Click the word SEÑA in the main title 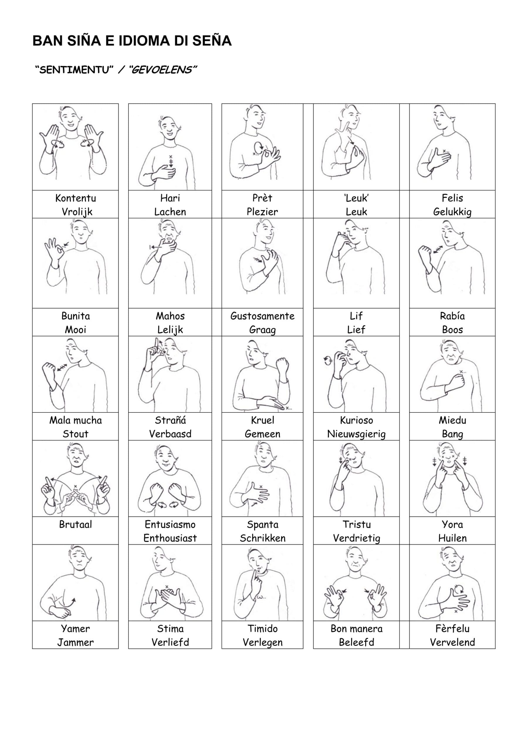[x=212, y=40]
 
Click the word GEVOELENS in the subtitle [x=162, y=70]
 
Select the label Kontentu [x=76, y=198]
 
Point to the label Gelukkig [x=452, y=212]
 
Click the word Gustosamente [x=262, y=316]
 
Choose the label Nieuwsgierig [x=356, y=434]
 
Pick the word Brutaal [x=76, y=524]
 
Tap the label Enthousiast [x=170, y=538]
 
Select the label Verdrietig [x=356, y=539]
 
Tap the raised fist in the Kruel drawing [x=282, y=365]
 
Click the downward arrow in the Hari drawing [x=170, y=162]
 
